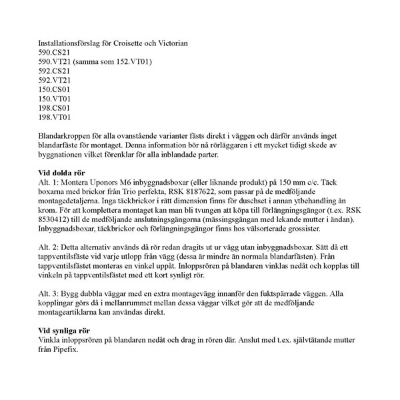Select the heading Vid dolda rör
(x=65, y=173)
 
